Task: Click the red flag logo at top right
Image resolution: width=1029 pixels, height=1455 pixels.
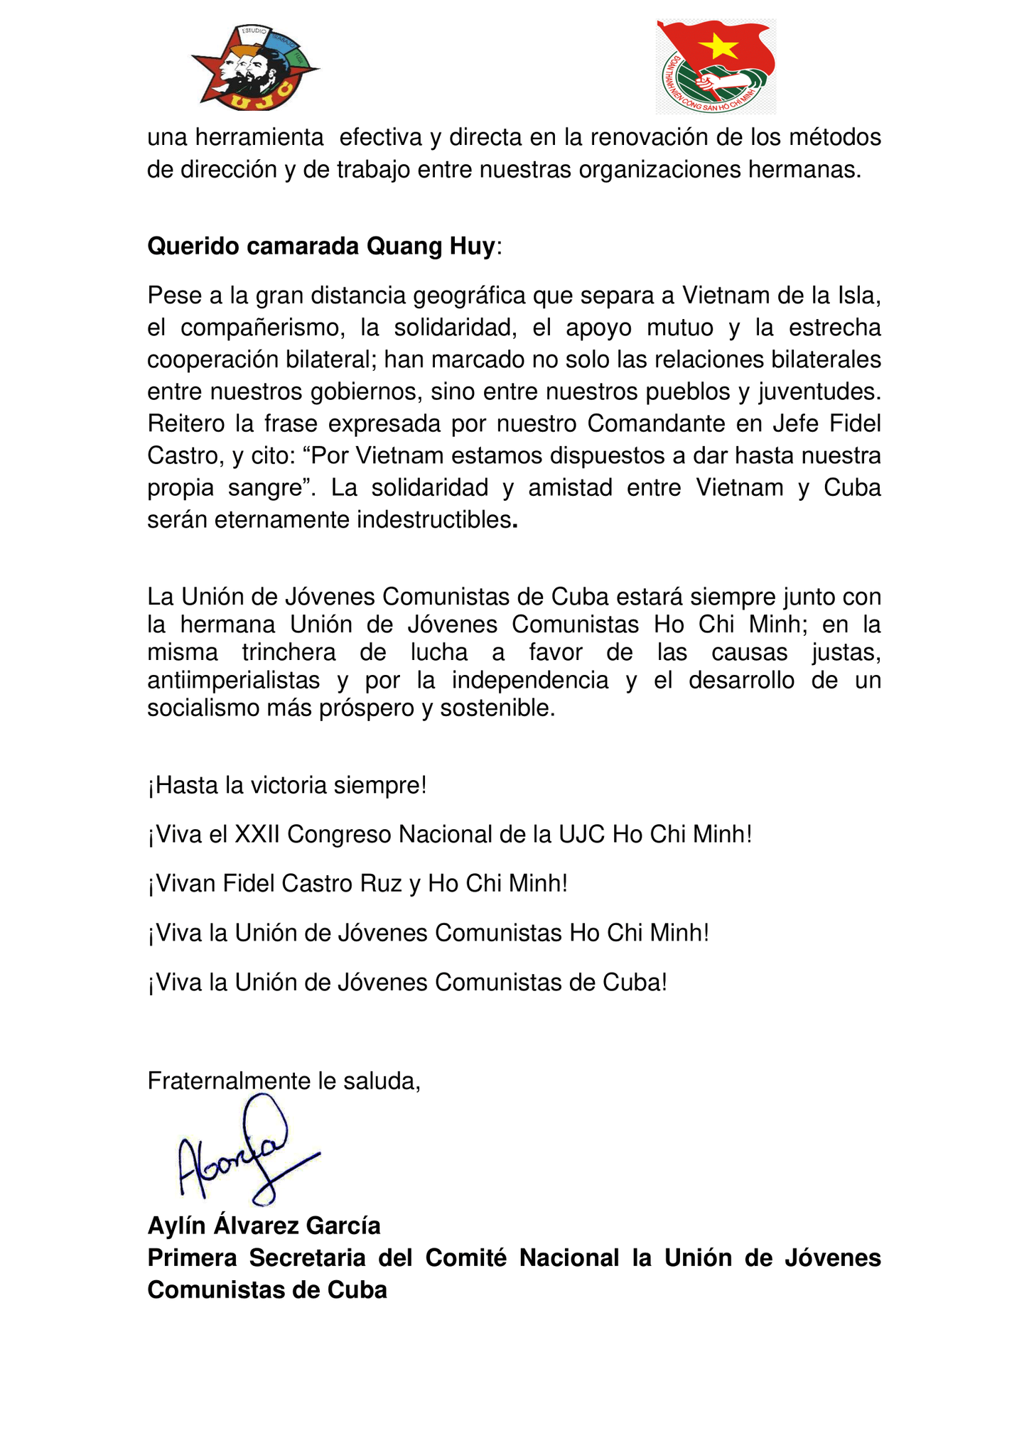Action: [715, 67]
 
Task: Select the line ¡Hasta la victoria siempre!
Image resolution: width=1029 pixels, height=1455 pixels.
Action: [287, 786]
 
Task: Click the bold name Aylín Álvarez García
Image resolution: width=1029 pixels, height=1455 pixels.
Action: [264, 1226]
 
